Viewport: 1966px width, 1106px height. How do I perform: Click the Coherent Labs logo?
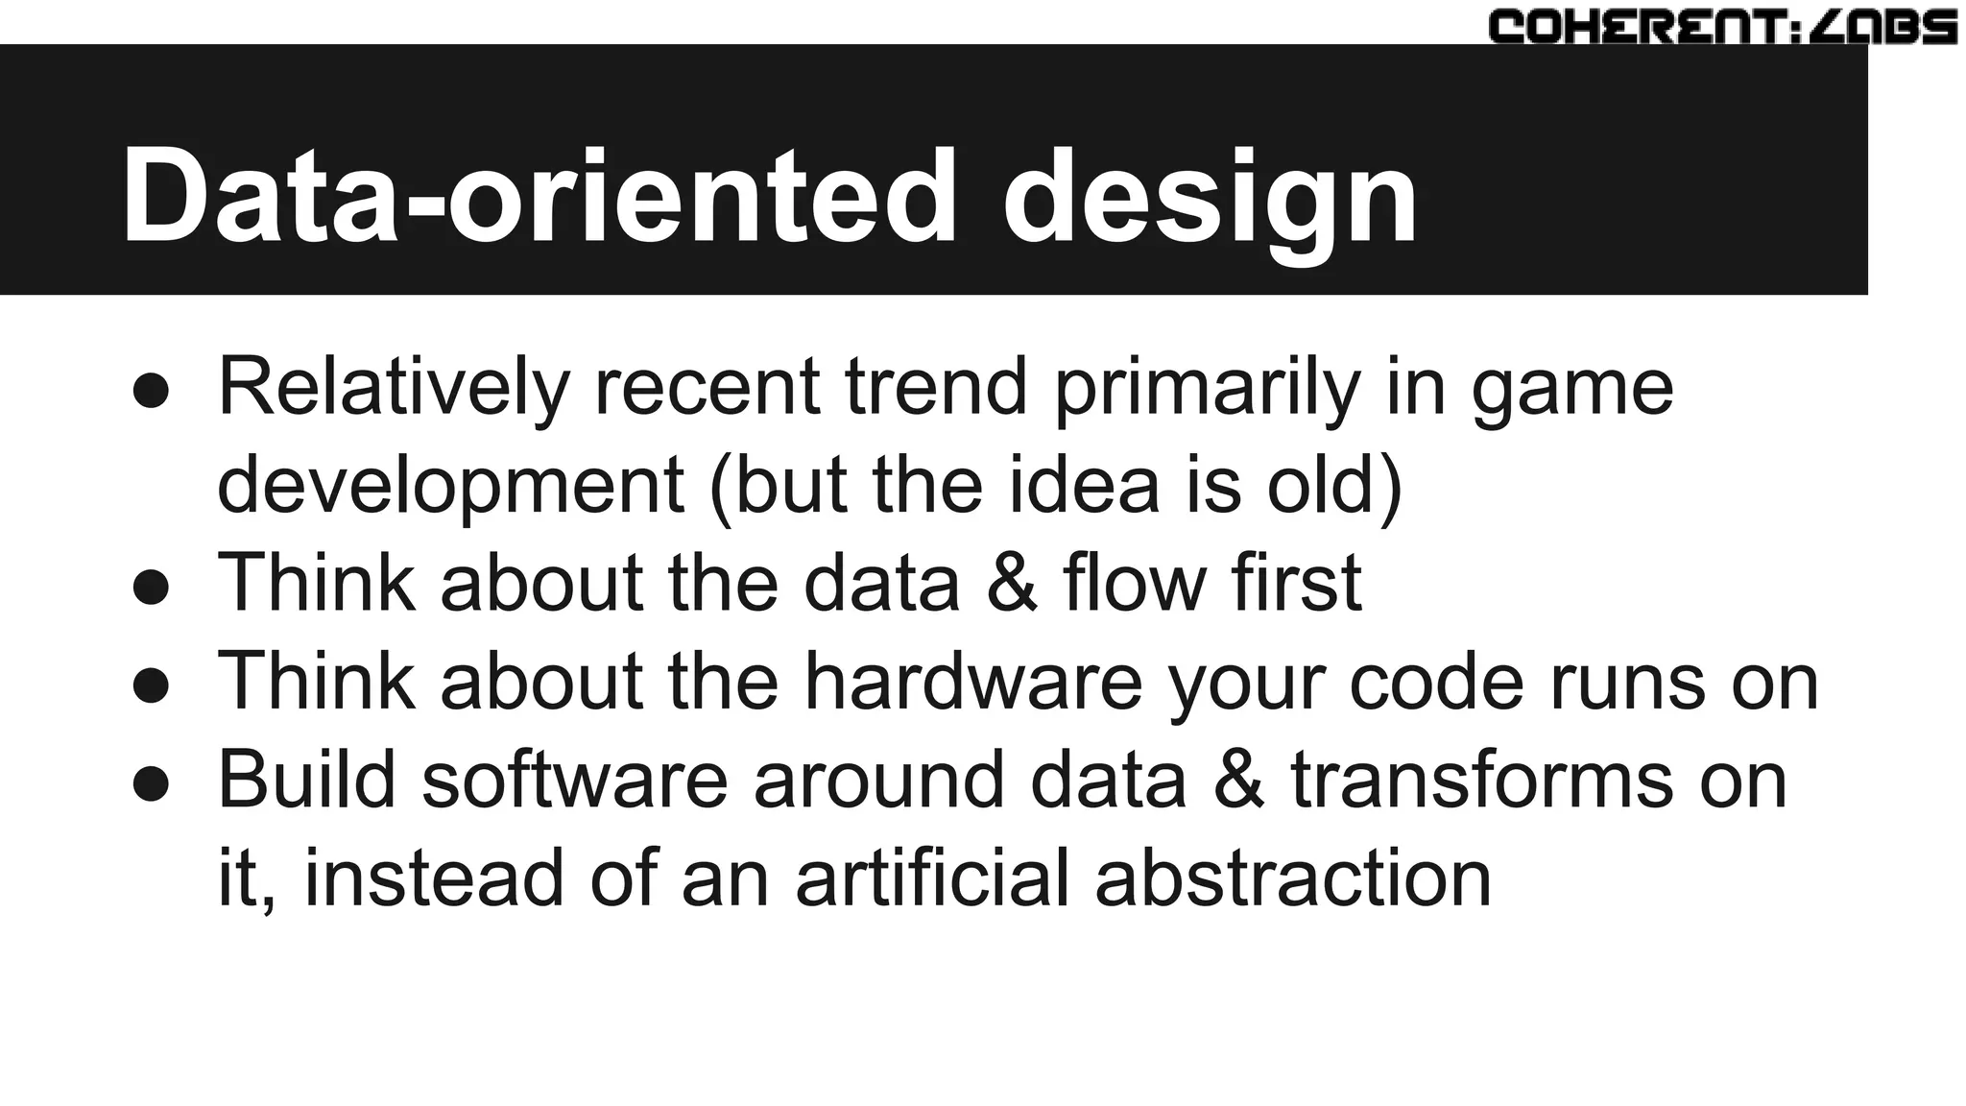pyautogui.click(x=1722, y=27)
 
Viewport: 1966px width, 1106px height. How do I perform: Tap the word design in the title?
pyautogui.click(x=1210, y=202)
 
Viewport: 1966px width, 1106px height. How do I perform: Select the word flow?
pyautogui.click(x=1135, y=584)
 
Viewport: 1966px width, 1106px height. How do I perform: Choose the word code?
pyautogui.click(x=1436, y=683)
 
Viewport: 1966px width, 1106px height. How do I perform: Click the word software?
pyautogui.click(x=574, y=780)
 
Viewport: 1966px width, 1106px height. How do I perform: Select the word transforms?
pyautogui.click(x=1482, y=780)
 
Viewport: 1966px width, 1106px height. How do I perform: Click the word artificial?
pyautogui.click(x=931, y=878)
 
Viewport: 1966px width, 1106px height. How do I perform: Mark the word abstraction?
pyautogui.click(x=1293, y=878)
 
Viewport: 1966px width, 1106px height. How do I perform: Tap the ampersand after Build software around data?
pyautogui.click(x=1238, y=781)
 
